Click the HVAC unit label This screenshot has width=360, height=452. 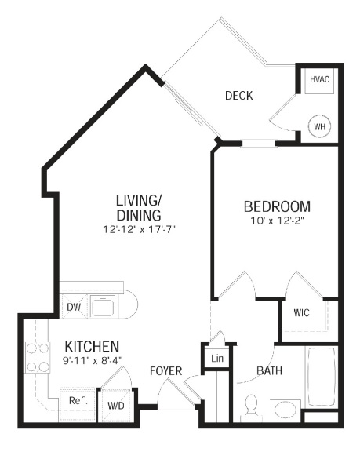[x=319, y=79]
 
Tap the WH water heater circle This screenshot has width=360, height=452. [x=319, y=126]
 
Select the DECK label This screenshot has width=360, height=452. [x=238, y=96]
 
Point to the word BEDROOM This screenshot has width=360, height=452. [x=277, y=206]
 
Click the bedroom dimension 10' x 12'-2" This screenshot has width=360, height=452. [x=278, y=221]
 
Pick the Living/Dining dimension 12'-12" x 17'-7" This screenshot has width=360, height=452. [x=140, y=230]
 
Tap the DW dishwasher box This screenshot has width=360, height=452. [x=74, y=307]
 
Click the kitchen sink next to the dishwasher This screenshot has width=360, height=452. [x=103, y=306]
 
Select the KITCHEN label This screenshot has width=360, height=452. [x=92, y=347]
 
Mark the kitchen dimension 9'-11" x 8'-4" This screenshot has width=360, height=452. [x=93, y=360]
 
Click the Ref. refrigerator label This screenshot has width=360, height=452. [x=78, y=400]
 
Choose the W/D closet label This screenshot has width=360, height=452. [x=116, y=406]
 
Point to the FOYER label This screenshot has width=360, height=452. [x=166, y=371]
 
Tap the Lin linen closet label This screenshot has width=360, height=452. [x=217, y=359]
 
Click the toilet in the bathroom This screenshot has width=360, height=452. [x=251, y=406]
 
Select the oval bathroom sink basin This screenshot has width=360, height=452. [x=285, y=410]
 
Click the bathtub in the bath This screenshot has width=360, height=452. [x=322, y=377]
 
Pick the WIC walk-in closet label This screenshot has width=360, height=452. [x=301, y=313]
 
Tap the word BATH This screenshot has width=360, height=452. [x=269, y=370]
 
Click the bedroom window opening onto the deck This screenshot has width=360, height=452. [x=259, y=144]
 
